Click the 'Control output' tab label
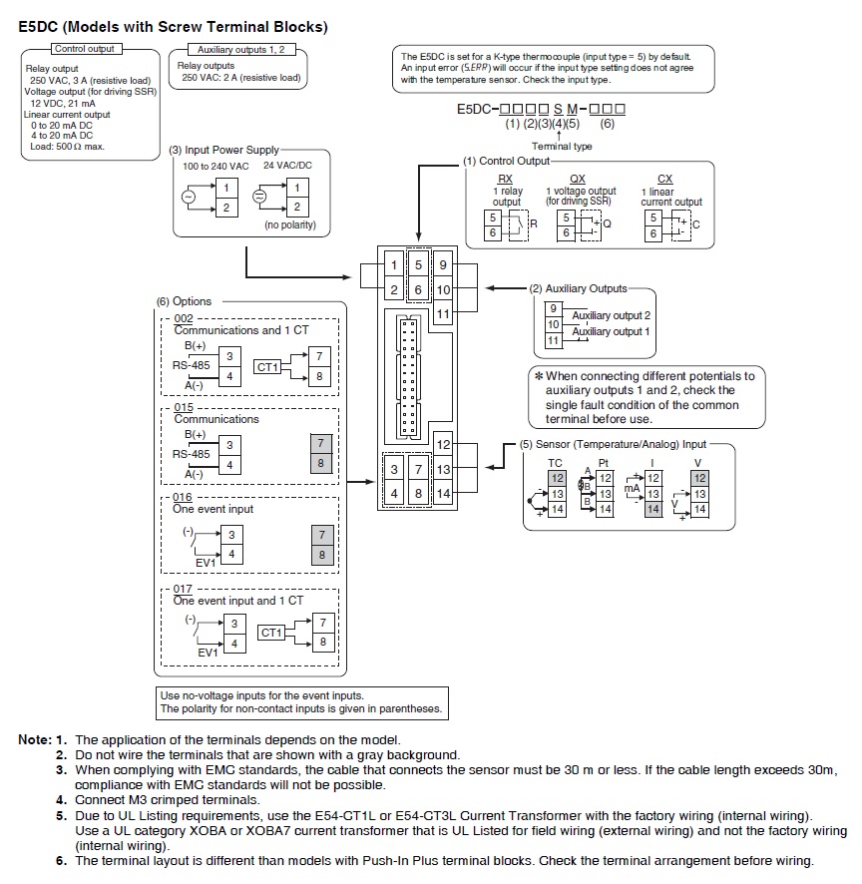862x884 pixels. pos(85,48)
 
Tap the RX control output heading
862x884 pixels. pos(506,180)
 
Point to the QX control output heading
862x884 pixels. pos(578,180)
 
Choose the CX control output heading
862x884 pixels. pos(665,180)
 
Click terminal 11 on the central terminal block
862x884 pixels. pos(443,314)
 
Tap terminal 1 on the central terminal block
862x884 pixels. pos(394,265)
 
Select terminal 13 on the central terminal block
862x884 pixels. pos(443,469)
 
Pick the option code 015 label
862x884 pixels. pos(183,407)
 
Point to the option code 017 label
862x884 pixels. pos(183,589)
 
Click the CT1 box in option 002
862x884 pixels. pos(266,366)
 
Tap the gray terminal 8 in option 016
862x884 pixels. pos(320,555)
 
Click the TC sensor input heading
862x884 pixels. pos(556,463)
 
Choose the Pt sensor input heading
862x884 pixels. pos(604,463)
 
